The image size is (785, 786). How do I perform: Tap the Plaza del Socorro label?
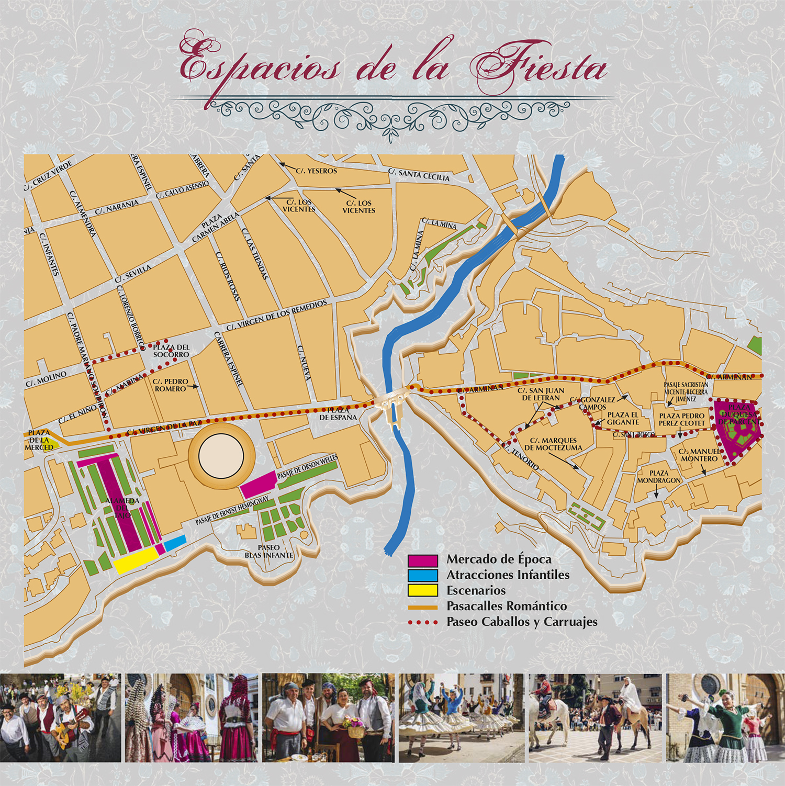coord(171,351)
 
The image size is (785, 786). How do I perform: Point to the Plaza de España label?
coord(338,414)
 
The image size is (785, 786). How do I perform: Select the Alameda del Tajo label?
coord(122,508)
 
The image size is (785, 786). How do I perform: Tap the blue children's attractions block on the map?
coord(175,543)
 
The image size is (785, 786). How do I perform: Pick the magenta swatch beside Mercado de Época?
coord(422,560)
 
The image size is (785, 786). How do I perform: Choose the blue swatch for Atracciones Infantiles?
coord(422,575)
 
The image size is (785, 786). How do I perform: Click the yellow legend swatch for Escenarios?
coord(422,590)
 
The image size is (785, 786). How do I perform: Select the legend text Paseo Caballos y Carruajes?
coord(521,622)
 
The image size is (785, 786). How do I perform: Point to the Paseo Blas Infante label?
coord(269,551)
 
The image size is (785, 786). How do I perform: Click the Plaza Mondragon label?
coord(659,477)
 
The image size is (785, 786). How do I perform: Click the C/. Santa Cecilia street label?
coord(419,175)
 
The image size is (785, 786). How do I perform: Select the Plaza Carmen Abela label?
coord(215,227)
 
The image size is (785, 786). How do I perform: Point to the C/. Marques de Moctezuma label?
coord(553,444)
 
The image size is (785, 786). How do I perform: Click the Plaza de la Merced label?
coord(39,440)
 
